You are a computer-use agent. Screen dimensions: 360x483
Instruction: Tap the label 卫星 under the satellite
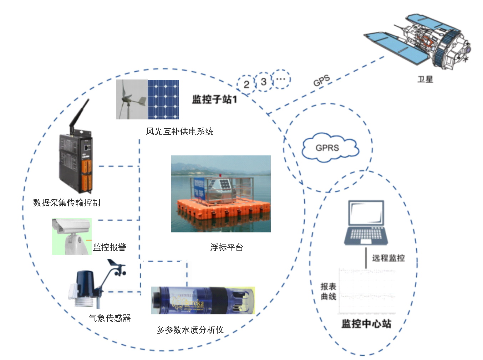(x=425, y=79)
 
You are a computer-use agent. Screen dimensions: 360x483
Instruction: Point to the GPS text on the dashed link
(x=322, y=81)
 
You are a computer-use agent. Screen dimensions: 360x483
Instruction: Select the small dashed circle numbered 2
(x=246, y=84)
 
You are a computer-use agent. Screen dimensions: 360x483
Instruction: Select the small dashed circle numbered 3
(x=264, y=82)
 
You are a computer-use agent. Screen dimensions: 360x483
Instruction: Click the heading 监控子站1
(x=214, y=99)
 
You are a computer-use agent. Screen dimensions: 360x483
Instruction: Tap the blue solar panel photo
(x=163, y=99)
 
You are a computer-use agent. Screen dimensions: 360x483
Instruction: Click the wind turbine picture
(x=131, y=99)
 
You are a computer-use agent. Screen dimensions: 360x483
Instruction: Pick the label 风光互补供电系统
(x=179, y=132)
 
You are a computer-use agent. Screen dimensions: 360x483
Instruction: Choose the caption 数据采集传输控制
(x=67, y=202)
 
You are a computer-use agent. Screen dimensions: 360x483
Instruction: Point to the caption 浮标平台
(x=227, y=247)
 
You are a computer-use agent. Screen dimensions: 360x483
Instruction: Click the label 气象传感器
(x=110, y=318)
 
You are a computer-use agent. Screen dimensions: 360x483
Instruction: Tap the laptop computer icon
(x=366, y=223)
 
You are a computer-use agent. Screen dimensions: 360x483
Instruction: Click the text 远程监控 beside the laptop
(x=388, y=258)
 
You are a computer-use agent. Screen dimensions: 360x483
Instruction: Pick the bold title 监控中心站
(x=366, y=324)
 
